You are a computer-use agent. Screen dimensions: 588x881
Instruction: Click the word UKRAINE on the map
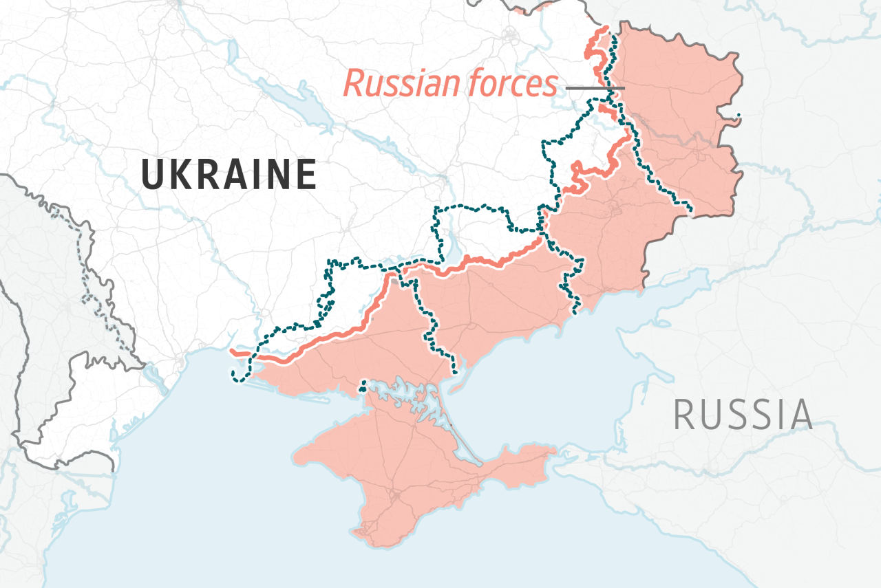pos(229,174)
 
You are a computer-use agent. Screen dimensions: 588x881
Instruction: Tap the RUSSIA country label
pos(743,415)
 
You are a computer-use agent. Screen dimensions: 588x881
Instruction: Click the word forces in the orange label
pos(512,84)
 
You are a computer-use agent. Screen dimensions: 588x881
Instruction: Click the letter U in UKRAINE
pos(152,174)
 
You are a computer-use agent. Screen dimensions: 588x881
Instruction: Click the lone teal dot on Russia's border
pos(739,115)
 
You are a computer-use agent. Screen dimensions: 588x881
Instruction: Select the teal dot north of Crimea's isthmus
pos(363,390)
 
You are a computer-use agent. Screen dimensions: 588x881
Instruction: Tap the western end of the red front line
pos(232,353)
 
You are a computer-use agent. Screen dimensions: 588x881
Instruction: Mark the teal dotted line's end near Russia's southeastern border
pos(691,209)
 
